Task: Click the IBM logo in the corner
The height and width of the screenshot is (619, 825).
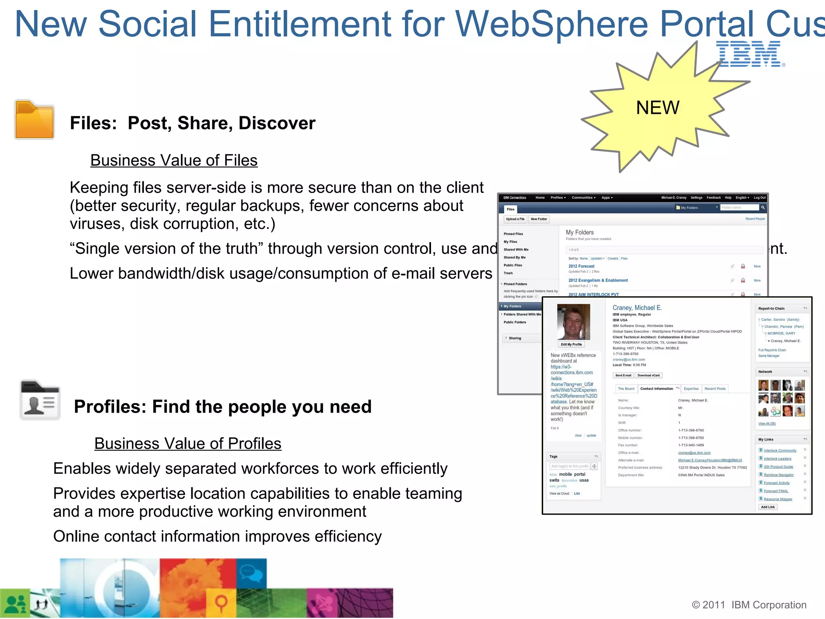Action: click(x=750, y=54)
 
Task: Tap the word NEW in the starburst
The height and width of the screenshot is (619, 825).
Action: click(x=657, y=108)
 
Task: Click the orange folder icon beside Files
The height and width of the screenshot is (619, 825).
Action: click(x=34, y=120)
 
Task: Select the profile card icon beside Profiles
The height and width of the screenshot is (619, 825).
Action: click(x=40, y=400)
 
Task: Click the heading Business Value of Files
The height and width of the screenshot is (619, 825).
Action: click(x=174, y=160)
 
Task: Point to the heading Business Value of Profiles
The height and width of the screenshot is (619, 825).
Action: click(x=188, y=444)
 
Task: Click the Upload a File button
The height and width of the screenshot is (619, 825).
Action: click(x=515, y=219)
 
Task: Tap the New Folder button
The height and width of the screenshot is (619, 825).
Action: click(x=539, y=219)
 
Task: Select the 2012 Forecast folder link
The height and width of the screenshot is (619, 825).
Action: click(x=581, y=266)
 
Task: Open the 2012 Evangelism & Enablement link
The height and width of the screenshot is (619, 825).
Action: click(x=598, y=280)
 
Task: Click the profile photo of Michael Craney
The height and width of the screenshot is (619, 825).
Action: click(x=573, y=322)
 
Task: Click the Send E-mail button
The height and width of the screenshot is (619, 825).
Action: click(x=623, y=376)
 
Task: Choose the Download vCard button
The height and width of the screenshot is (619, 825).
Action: click(x=649, y=376)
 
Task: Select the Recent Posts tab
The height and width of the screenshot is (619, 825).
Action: click(x=715, y=389)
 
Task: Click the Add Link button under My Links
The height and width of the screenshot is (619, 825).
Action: click(x=768, y=507)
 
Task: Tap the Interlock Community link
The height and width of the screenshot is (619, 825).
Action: click(x=780, y=451)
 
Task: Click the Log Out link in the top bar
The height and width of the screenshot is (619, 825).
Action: click(x=760, y=198)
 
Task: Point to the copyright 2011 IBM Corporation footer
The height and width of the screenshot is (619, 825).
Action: click(x=749, y=605)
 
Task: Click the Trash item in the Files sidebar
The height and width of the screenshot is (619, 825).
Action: click(x=508, y=273)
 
